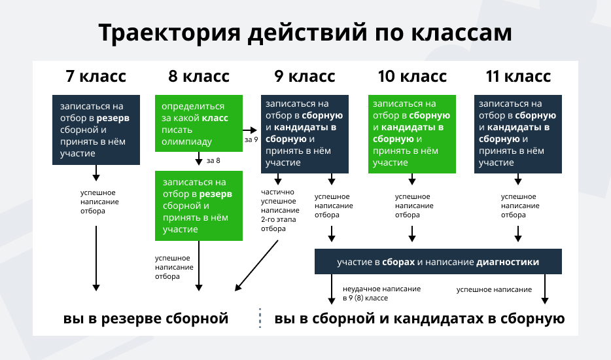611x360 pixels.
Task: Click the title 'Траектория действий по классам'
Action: coord(305,33)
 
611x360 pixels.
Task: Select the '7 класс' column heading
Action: coord(96,76)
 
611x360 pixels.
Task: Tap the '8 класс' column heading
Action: coord(199,76)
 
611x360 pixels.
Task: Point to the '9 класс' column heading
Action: coord(305,76)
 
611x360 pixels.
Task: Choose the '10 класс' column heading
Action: coord(412,76)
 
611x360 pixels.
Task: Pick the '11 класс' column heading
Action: coord(518,76)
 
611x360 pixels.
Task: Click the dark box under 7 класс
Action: coord(96,130)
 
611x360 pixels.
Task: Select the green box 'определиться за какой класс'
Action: coord(199,123)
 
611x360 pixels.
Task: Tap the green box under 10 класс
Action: coord(412,134)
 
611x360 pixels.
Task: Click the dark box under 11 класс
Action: coord(518,134)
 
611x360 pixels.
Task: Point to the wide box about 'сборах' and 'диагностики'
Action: coord(438,261)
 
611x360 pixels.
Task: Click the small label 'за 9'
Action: coord(251,139)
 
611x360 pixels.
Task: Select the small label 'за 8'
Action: coord(213,161)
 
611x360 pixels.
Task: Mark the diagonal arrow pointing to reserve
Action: coord(256,266)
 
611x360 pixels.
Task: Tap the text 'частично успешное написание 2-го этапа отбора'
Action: coord(280,210)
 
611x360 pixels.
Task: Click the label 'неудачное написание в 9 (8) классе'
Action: coord(381,293)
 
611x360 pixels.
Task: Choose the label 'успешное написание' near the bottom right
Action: coord(494,289)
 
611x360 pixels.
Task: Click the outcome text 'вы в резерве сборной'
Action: coord(146,319)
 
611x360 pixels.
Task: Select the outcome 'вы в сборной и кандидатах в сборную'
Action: coord(420,319)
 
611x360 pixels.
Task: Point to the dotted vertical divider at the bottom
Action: coord(260,318)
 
